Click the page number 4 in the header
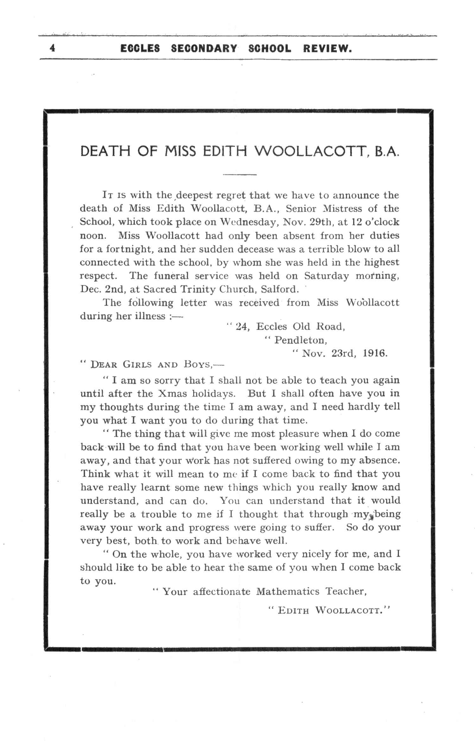[x=53, y=48]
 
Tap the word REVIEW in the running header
[x=327, y=49]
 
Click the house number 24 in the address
[x=241, y=326]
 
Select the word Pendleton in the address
[x=300, y=340]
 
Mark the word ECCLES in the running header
[x=140, y=49]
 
